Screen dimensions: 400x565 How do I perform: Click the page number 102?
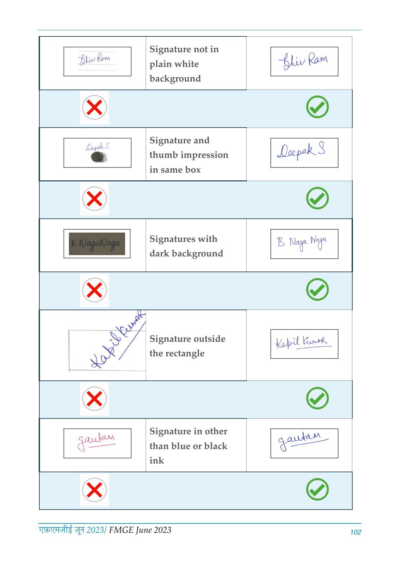356,532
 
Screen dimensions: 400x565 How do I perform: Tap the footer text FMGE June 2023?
140,530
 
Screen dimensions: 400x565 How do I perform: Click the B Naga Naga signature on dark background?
97,244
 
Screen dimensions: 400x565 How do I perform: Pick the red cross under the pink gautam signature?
94,490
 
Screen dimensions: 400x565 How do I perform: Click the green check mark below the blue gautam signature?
317,489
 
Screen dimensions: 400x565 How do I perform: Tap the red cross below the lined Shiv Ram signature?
94,108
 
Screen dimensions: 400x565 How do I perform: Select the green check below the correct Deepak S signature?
317,198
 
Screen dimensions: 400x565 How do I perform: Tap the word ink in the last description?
157,461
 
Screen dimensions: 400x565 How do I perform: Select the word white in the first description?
187,64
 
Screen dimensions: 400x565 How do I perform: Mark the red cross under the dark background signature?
94,290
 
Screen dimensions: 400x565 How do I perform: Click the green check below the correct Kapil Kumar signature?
317,398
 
